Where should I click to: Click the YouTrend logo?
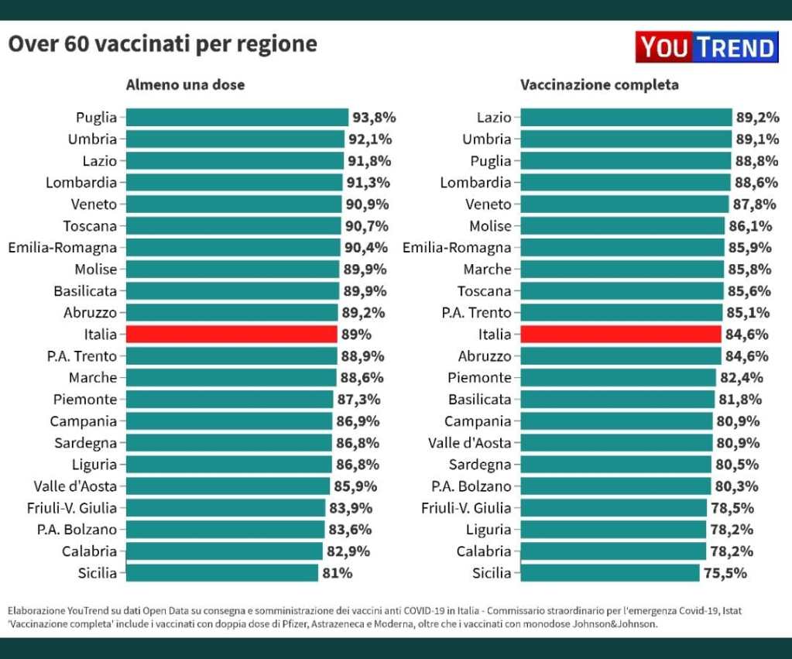(705, 47)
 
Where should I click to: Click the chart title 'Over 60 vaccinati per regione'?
(163, 44)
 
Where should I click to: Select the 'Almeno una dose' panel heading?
(185, 85)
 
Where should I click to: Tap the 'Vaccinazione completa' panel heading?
(599, 85)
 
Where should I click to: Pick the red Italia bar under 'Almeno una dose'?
(231, 335)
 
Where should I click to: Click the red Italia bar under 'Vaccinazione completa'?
(621, 335)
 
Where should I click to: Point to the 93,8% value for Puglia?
(374, 118)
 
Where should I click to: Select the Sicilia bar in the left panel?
(221, 573)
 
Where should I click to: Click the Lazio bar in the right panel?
(626, 118)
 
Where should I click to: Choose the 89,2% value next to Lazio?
(757, 118)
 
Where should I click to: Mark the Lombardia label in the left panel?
(81, 183)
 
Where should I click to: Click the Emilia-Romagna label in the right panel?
(457, 248)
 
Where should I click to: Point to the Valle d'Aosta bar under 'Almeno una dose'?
(228, 486)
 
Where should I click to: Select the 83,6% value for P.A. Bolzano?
(350, 530)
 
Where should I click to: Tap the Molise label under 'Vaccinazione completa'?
(490, 226)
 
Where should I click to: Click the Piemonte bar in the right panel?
(618, 378)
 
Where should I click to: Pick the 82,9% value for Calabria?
(348, 551)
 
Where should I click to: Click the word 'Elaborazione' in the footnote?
(36, 610)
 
